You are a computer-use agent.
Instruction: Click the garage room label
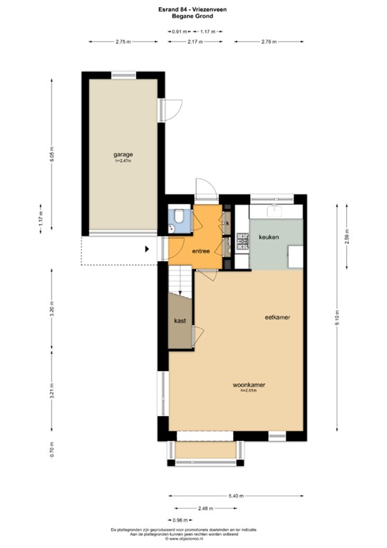coord(123,154)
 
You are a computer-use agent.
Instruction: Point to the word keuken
coord(269,236)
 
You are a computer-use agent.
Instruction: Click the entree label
coord(200,250)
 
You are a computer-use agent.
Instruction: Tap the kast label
coord(180,321)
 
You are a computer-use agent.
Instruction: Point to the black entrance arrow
coord(147,249)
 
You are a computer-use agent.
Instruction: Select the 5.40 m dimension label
coord(237,496)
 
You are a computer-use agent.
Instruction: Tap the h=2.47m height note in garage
coord(123,161)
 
